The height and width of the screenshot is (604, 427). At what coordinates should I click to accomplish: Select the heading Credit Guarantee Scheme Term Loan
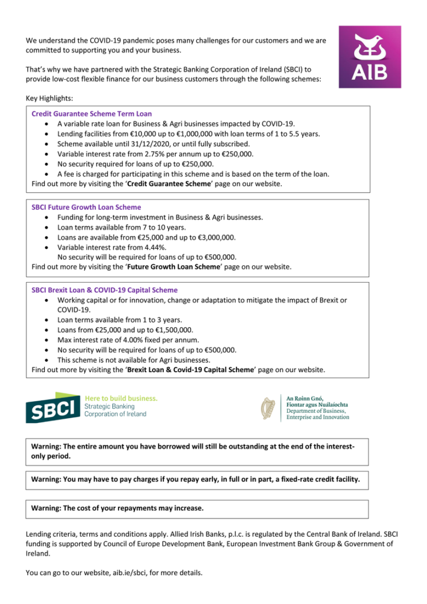[x=91, y=113]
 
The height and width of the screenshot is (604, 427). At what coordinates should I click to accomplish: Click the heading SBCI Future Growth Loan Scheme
[x=86, y=207]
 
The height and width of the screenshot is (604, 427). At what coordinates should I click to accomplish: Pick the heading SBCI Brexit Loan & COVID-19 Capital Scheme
[x=104, y=290]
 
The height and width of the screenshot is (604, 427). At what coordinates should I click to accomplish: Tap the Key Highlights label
[x=50, y=97]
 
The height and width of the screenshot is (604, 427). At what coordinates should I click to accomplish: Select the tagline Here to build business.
[x=121, y=398]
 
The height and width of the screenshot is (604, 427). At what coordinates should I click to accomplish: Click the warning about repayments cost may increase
[x=117, y=508]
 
